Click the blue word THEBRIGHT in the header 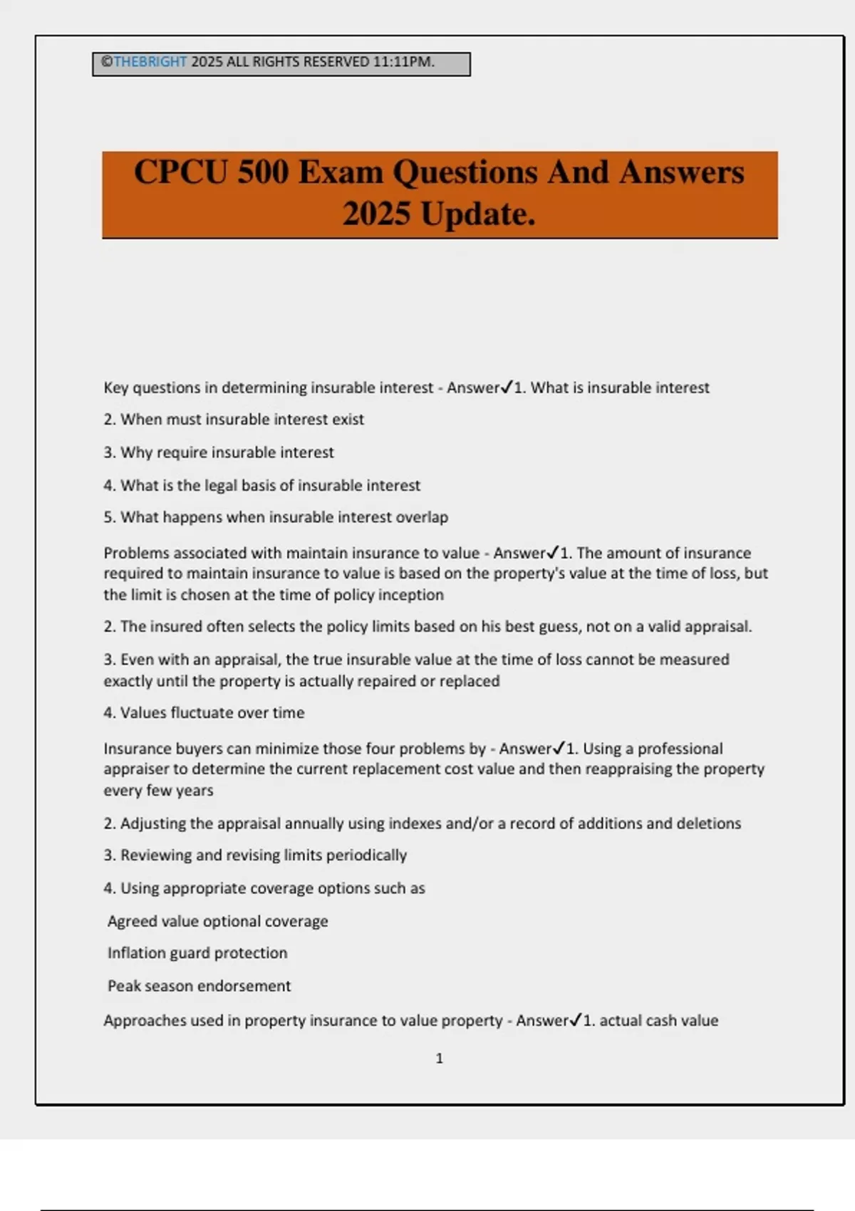(150, 62)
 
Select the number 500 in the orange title (263, 172)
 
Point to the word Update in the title (477, 214)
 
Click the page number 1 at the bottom (439, 1059)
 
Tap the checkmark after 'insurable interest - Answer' (507, 387)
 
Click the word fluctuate (202, 713)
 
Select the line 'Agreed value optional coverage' (217, 921)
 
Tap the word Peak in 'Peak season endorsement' (122, 986)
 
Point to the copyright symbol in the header (107, 62)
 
